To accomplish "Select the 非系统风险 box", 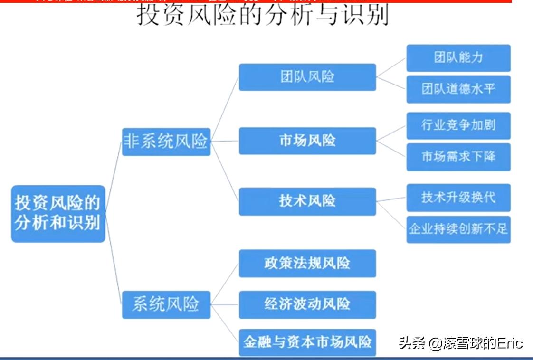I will [x=166, y=141].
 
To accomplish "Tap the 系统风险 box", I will [x=166, y=304].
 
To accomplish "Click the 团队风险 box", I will [x=307, y=77].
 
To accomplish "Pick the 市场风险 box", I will [x=307, y=141].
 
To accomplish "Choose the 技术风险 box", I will [x=307, y=201].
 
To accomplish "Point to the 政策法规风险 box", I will [x=307, y=263].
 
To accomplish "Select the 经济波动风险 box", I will [x=307, y=304].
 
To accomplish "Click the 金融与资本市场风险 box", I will [x=307, y=342].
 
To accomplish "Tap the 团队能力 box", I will [x=458, y=58].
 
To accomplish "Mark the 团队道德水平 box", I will [x=458, y=89].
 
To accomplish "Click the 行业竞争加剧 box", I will [x=458, y=125].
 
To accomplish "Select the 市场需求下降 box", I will [x=458, y=157].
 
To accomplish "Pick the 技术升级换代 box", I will [x=458, y=197].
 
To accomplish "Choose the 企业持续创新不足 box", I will [x=458, y=229].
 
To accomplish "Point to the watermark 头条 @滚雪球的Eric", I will [x=461, y=343].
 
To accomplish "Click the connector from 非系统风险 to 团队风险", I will [x=225, y=108].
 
